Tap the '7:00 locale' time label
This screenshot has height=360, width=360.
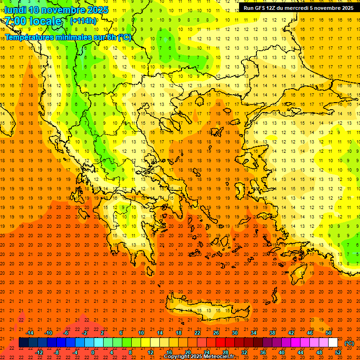(33, 21)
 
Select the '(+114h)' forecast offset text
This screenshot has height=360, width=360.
(83, 21)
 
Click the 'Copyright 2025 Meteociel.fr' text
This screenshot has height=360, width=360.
(199, 357)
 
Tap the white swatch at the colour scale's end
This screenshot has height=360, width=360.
(333, 343)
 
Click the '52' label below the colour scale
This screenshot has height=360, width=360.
(338, 352)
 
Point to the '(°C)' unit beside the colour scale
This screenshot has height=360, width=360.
(349, 343)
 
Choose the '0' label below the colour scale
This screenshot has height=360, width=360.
(93, 352)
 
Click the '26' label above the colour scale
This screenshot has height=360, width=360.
(216, 333)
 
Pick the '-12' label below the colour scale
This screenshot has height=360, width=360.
(39, 352)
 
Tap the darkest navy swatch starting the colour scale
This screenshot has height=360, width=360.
(23, 343)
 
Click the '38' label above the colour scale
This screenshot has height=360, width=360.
(272, 333)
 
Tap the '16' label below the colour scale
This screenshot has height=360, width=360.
(169, 352)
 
